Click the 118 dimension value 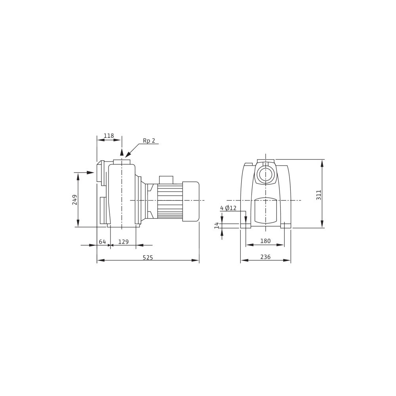109,135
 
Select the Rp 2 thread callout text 149,141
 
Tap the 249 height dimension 75,200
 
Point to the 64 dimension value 102,242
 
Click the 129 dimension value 124,242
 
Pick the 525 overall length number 148,257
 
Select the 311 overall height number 319,195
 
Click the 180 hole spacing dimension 265,241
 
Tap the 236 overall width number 265,257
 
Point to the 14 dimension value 217,226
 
